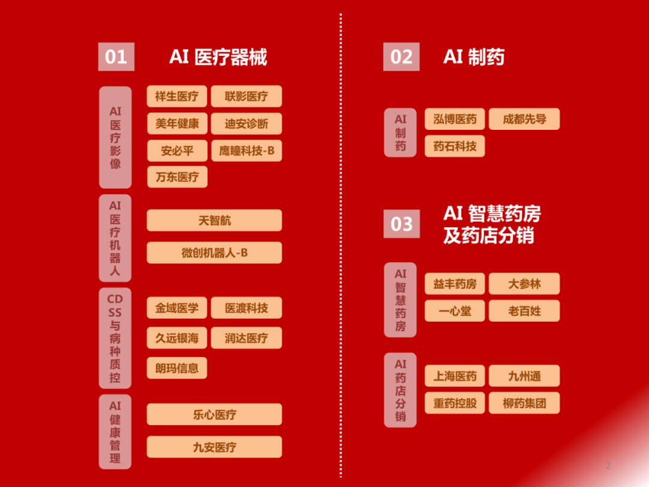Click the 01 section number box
[x=116, y=57]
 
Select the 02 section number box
[x=401, y=57]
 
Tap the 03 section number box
[x=401, y=224]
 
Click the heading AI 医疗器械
[x=218, y=57]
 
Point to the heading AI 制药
[x=474, y=57]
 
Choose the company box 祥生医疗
[x=177, y=96]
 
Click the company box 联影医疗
[x=246, y=96]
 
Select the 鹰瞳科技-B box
[x=246, y=151]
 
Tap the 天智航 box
[x=215, y=221]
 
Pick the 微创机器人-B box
[x=215, y=253]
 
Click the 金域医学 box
[x=177, y=308]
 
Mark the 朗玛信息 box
[x=177, y=368]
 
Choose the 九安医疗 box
[x=215, y=447]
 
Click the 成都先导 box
[x=524, y=119]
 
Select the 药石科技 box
[x=455, y=146]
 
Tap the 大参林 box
[x=524, y=284]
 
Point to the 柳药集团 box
[x=524, y=403]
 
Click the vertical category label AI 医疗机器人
[x=115, y=238]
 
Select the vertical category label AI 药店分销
[x=400, y=390]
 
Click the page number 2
[x=608, y=465]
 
